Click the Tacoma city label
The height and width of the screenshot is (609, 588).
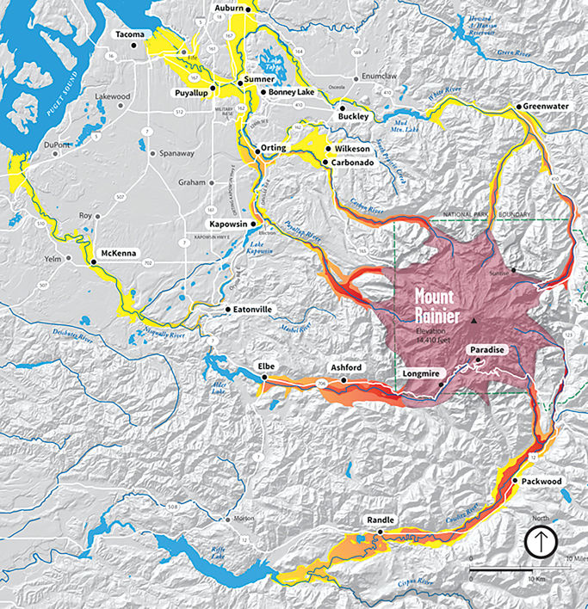133,34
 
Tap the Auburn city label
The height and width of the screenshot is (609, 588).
230,9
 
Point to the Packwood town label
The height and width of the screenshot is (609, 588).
542,482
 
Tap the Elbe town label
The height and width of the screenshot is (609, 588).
267,367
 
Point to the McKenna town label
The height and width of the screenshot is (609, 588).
120,253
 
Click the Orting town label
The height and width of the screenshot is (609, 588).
274,149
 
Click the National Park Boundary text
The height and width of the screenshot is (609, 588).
486,213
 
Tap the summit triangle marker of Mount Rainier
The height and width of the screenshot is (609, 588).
473,320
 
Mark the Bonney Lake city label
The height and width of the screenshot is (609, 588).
294,91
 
